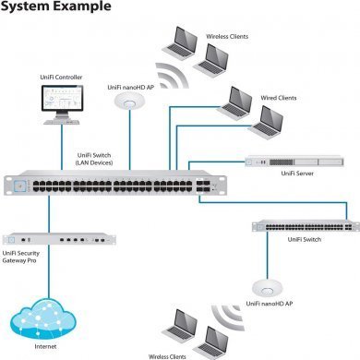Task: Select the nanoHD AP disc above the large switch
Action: click(131, 103)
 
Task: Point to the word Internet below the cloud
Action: click(45, 349)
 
